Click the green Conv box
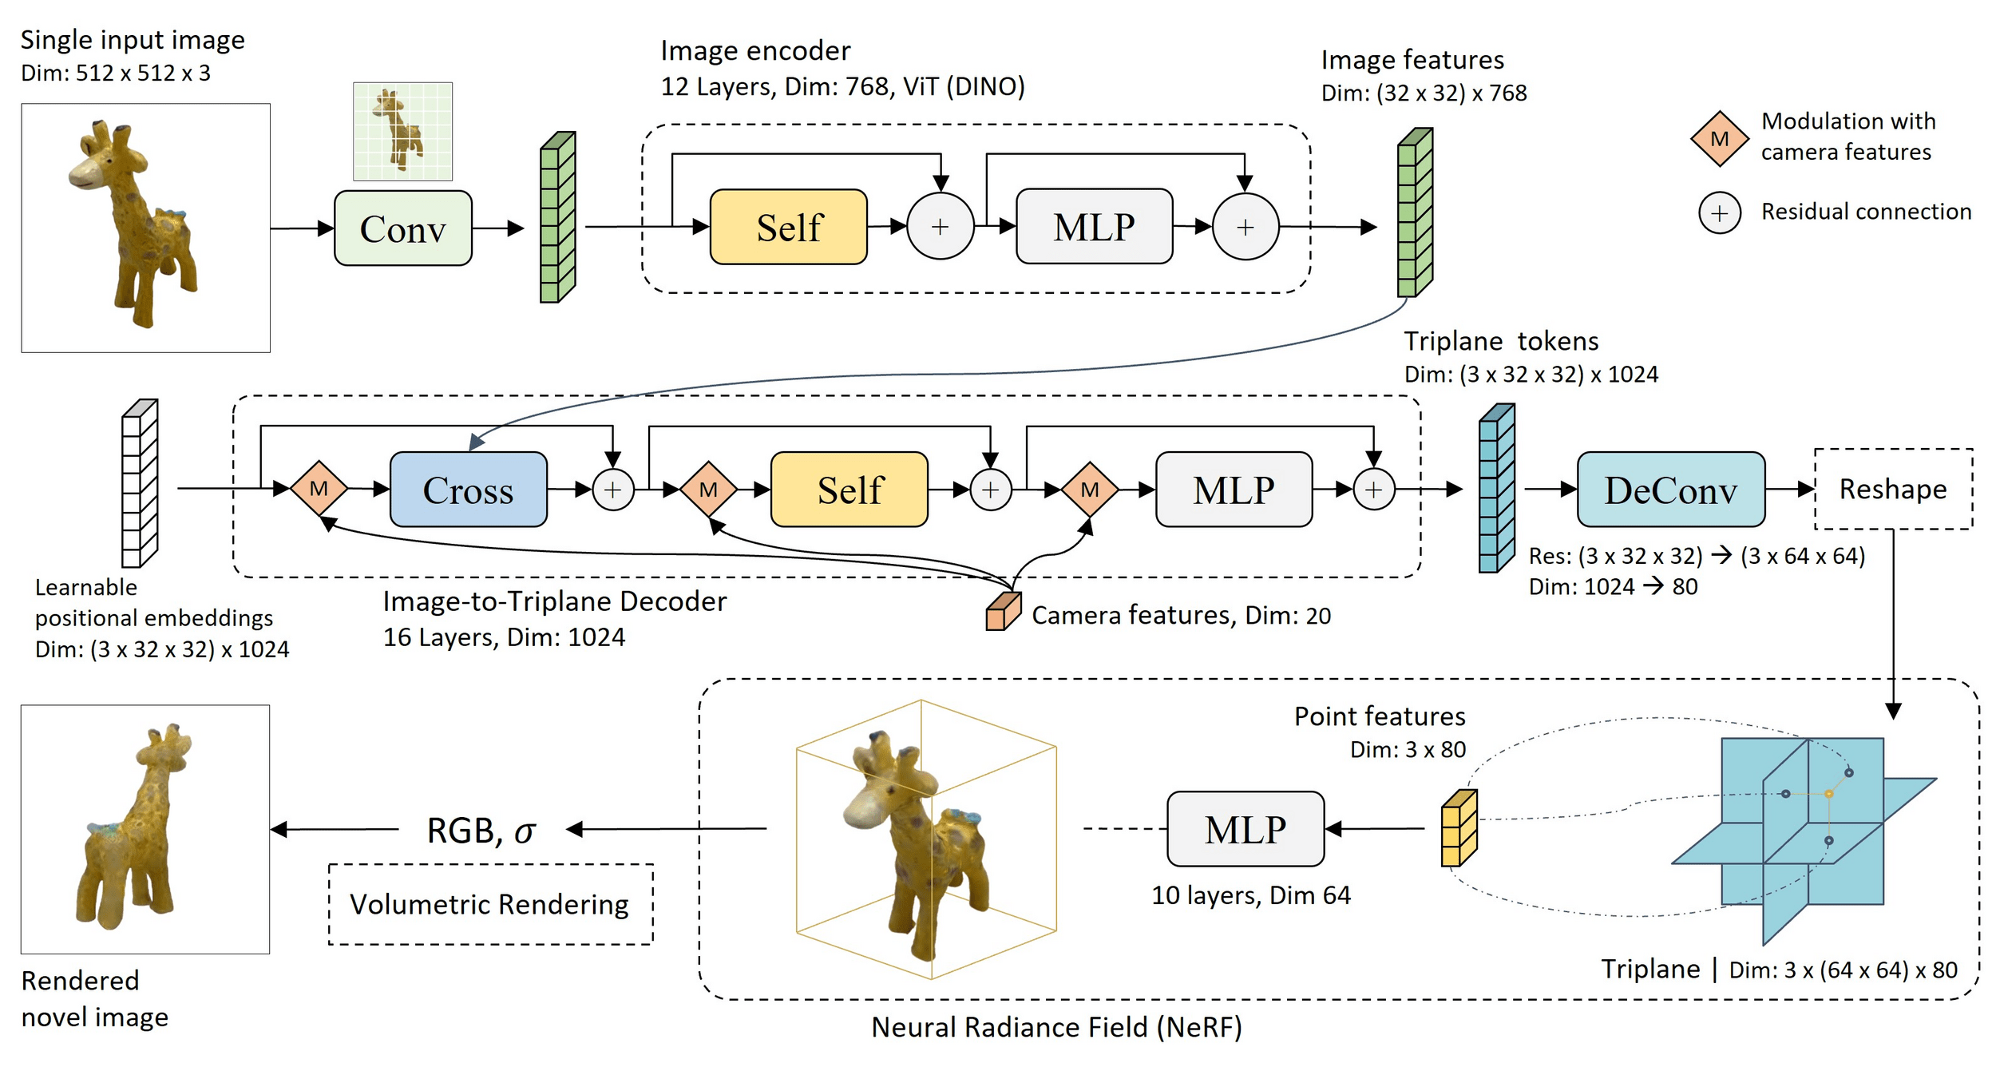click(402, 228)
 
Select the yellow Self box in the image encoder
click(788, 227)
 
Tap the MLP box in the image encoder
click(1094, 227)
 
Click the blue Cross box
click(468, 490)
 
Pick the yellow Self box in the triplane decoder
click(849, 490)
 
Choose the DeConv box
click(1670, 490)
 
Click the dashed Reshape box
click(1893, 489)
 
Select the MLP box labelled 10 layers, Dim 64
click(1245, 829)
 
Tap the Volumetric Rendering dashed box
click(490, 904)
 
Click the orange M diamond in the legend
click(1719, 139)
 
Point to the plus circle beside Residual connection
click(1719, 213)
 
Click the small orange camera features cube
click(1003, 612)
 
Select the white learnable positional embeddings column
click(140, 483)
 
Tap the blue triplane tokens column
click(1496, 488)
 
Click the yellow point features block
click(1459, 828)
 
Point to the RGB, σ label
click(481, 831)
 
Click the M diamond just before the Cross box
click(319, 489)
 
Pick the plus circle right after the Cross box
click(612, 490)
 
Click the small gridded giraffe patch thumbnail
click(402, 131)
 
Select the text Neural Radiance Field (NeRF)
click(1056, 1027)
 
